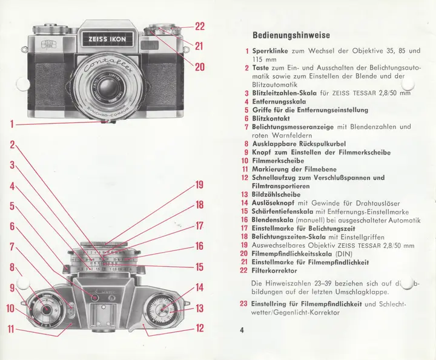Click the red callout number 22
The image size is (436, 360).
tap(199, 26)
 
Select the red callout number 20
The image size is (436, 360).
tap(199, 67)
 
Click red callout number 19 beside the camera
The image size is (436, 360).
tap(199, 185)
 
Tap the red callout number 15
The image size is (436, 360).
tap(199, 267)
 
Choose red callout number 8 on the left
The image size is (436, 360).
tap(12, 267)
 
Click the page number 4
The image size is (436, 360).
tap(242, 330)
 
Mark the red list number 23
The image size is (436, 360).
tap(243, 304)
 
